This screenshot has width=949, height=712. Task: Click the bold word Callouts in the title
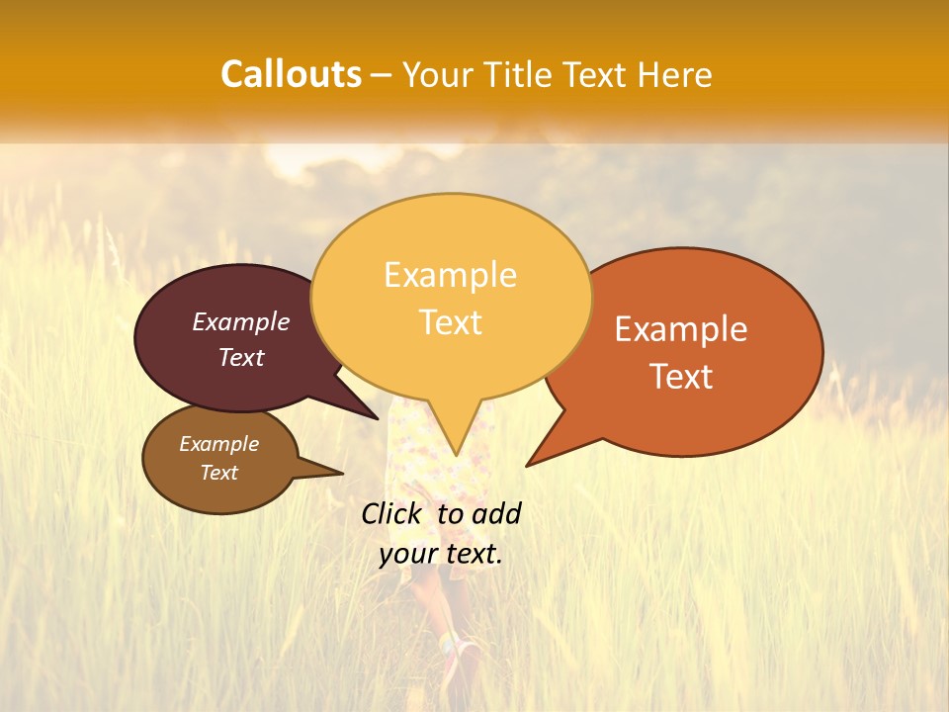tap(291, 74)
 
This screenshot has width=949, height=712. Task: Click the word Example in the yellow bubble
tap(450, 275)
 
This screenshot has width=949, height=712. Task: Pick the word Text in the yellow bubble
tap(450, 322)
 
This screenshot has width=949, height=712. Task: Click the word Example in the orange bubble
tap(681, 329)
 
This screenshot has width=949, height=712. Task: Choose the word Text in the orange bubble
tap(681, 376)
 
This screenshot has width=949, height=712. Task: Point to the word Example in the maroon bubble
tap(241, 321)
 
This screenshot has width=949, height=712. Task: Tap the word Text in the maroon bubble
tap(241, 357)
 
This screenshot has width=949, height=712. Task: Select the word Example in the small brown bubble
tap(218, 444)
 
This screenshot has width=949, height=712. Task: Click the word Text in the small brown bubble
tap(218, 473)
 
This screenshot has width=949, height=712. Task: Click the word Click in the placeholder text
tap(391, 513)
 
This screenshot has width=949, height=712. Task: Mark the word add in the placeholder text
tap(496, 513)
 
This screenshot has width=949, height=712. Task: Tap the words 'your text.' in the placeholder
tap(441, 554)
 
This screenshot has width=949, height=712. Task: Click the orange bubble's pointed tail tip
tap(527, 465)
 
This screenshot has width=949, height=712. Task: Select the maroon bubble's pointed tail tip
tap(378, 418)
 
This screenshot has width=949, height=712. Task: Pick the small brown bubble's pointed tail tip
tap(342, 472)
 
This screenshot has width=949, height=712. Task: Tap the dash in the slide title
tap(383, 75)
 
